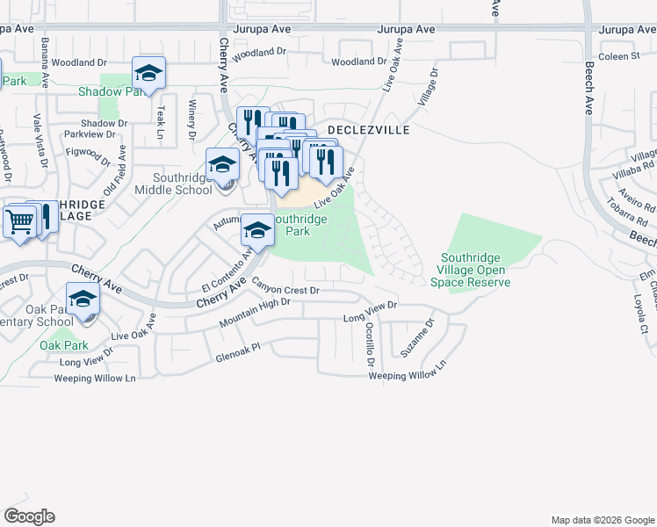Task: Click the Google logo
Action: click(29, 516)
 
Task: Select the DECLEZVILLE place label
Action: click(368, 129)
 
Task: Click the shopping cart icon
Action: click(19, 222)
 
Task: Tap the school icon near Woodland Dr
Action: click(148, 74)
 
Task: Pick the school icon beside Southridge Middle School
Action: click(222, 165)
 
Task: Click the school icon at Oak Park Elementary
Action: click(83, 300)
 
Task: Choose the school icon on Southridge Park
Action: click(257, 231)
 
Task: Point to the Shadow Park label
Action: click(112, 91)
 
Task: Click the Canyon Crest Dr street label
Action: click(285, 286)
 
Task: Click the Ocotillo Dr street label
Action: click(369, 344)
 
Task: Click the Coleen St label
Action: click(620, 56)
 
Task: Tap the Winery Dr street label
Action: click(191, 119)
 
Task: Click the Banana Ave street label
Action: click(43, 62)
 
